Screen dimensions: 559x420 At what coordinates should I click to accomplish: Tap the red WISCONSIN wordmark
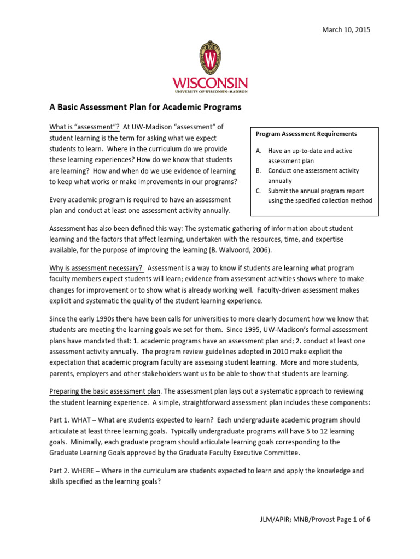210,84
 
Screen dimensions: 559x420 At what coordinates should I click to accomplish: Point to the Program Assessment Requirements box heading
306,134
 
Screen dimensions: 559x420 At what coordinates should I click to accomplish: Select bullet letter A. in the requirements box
258,151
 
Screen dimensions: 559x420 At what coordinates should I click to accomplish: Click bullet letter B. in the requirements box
258,171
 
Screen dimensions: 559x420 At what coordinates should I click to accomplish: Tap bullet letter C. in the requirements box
258,191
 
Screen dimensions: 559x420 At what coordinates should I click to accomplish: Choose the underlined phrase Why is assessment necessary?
96,268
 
